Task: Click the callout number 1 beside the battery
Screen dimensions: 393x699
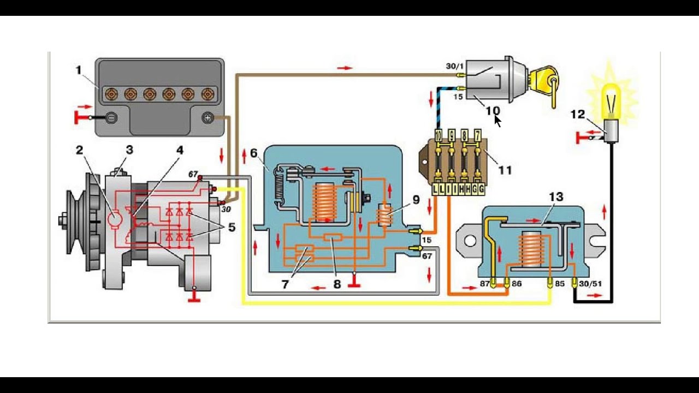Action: click(x=79, y=70)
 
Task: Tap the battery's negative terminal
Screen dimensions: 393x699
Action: click(x=111, y=117)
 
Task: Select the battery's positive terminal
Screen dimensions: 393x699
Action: click(x=208, y=117)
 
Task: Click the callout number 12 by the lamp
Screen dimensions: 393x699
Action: click(x=577, y=114)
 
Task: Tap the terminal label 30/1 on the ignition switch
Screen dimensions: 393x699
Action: click(x=454, y=66)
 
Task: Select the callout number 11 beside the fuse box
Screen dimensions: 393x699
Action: click(x=505, y=170)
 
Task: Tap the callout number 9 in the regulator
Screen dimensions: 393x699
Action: click(x=416, y=200)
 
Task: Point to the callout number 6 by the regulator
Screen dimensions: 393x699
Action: click(x=254, y=153)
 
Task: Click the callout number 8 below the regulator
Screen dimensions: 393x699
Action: click(x=337, y=284)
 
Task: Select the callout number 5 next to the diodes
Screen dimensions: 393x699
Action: click(x=232, y=227)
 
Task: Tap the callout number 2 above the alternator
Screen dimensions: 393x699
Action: click(x=80, y=150)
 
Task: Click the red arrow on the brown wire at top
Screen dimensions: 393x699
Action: click(x=345, y=68)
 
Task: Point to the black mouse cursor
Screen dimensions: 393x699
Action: click(x=497, y=121)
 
